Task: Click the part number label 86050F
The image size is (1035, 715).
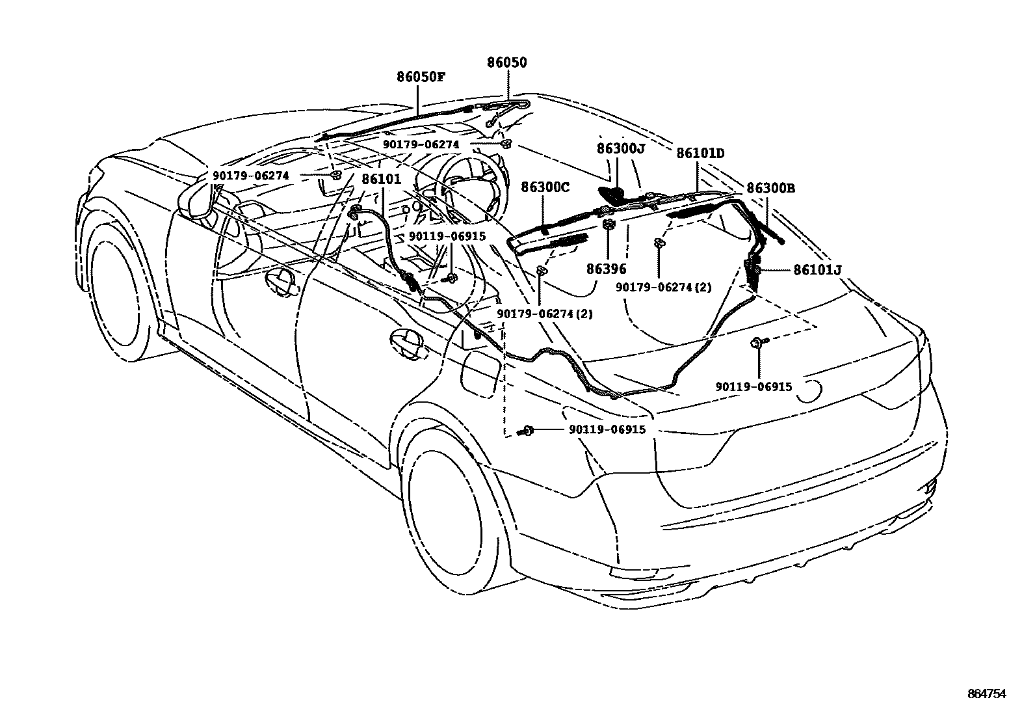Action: (x=421, y=76)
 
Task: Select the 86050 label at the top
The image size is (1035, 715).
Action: (x=507, y=62)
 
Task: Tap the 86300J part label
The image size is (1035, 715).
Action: (x=621, y=149)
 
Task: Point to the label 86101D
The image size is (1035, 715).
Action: (x=700, y=154)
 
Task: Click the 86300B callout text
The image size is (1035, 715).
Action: (x=770, y=189)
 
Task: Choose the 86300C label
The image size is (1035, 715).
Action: (x=545, y=187)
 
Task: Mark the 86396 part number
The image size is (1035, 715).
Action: (x=606, y=268)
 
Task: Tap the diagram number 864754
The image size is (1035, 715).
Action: (x=985, y=694)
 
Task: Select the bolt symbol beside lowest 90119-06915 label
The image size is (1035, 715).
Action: (x=525, y=430)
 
